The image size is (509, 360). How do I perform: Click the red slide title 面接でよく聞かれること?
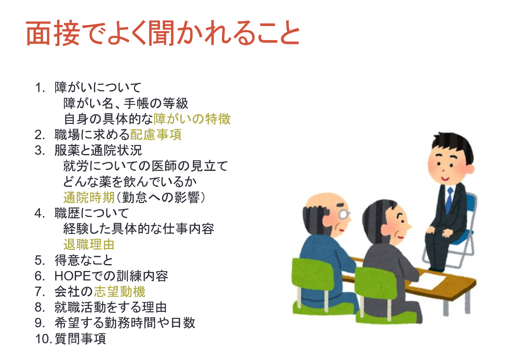(x=163, y=33)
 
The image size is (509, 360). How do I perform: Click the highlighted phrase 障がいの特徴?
(x=192, y=119)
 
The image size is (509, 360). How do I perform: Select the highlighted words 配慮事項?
(x=155, y=135)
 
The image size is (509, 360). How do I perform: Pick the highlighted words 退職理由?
(x=89, y=244)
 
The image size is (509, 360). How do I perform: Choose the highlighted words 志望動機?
(x=120, y=291)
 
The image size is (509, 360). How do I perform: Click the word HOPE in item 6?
(x=72, y=276)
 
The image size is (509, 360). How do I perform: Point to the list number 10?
(x=43, y=339)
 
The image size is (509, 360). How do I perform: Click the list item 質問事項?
(x=80, y=339)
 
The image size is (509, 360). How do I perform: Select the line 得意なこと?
(x=84, y=260)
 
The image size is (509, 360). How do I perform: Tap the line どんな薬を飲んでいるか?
(x=130, y=182)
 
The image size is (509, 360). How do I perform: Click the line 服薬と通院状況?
(x=98, y=150)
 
